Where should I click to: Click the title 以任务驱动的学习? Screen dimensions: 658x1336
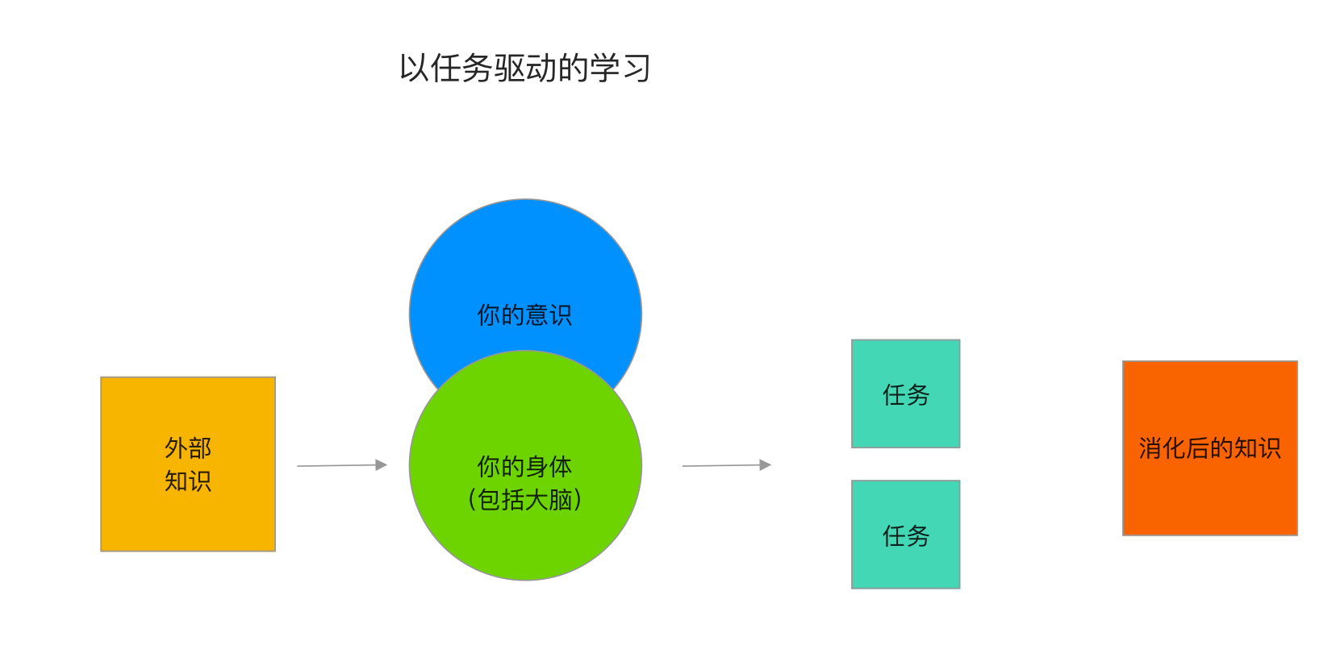point(524,69)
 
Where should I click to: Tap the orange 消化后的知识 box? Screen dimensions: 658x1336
point(1209,492)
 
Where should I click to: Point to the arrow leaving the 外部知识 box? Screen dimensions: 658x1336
point(339,465)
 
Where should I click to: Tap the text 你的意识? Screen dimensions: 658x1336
point(524,314)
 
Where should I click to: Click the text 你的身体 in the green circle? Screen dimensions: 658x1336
point(524,466)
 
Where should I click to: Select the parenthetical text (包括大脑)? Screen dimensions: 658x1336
point(524,500)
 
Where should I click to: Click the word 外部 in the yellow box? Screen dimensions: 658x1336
point(188,448)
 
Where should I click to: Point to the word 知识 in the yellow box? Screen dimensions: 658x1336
point(188,481)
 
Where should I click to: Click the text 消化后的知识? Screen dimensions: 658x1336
point(1209,448)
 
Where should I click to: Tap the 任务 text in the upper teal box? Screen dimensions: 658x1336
point(905,395)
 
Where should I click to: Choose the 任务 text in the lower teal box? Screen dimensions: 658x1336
point(905,536)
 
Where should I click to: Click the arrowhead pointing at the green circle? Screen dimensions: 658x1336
point(382,464)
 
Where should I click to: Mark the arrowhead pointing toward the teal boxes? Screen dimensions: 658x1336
point(766,464)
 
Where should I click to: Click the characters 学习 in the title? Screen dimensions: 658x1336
point(620,69)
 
